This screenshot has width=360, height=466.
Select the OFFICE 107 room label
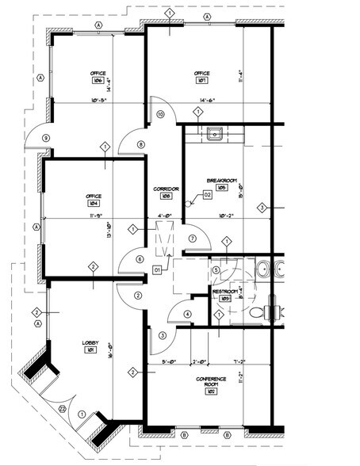pyautogui.click(x=201, y=77)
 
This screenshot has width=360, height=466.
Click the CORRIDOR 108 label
pyautogui.click(x=167, y=192)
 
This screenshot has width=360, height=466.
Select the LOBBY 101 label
pyautogui.click(x=91, y=347)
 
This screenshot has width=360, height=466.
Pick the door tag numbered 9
pyautogui.click(x=46, y=138)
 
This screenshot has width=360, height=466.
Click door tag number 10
pyautogui.click(x=160, y=115)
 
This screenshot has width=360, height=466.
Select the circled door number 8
pyautogui.click(x=141, y=144)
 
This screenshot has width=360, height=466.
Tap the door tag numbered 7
pyautogui.click(x=192, y=239)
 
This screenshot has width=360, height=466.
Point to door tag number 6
pyautogui.click(x=140, y=259)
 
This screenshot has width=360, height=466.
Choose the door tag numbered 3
pyautogui.click(x=163, y=335)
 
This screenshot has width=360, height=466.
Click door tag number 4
pyautogui.click(x=188, y=314)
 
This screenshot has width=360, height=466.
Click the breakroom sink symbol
pyautogui.click(x=214, y=134)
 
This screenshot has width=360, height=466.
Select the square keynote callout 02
pyautogui.click(x=208, y=194)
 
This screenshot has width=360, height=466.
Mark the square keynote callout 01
pyautogui.click(x=158, y=270)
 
